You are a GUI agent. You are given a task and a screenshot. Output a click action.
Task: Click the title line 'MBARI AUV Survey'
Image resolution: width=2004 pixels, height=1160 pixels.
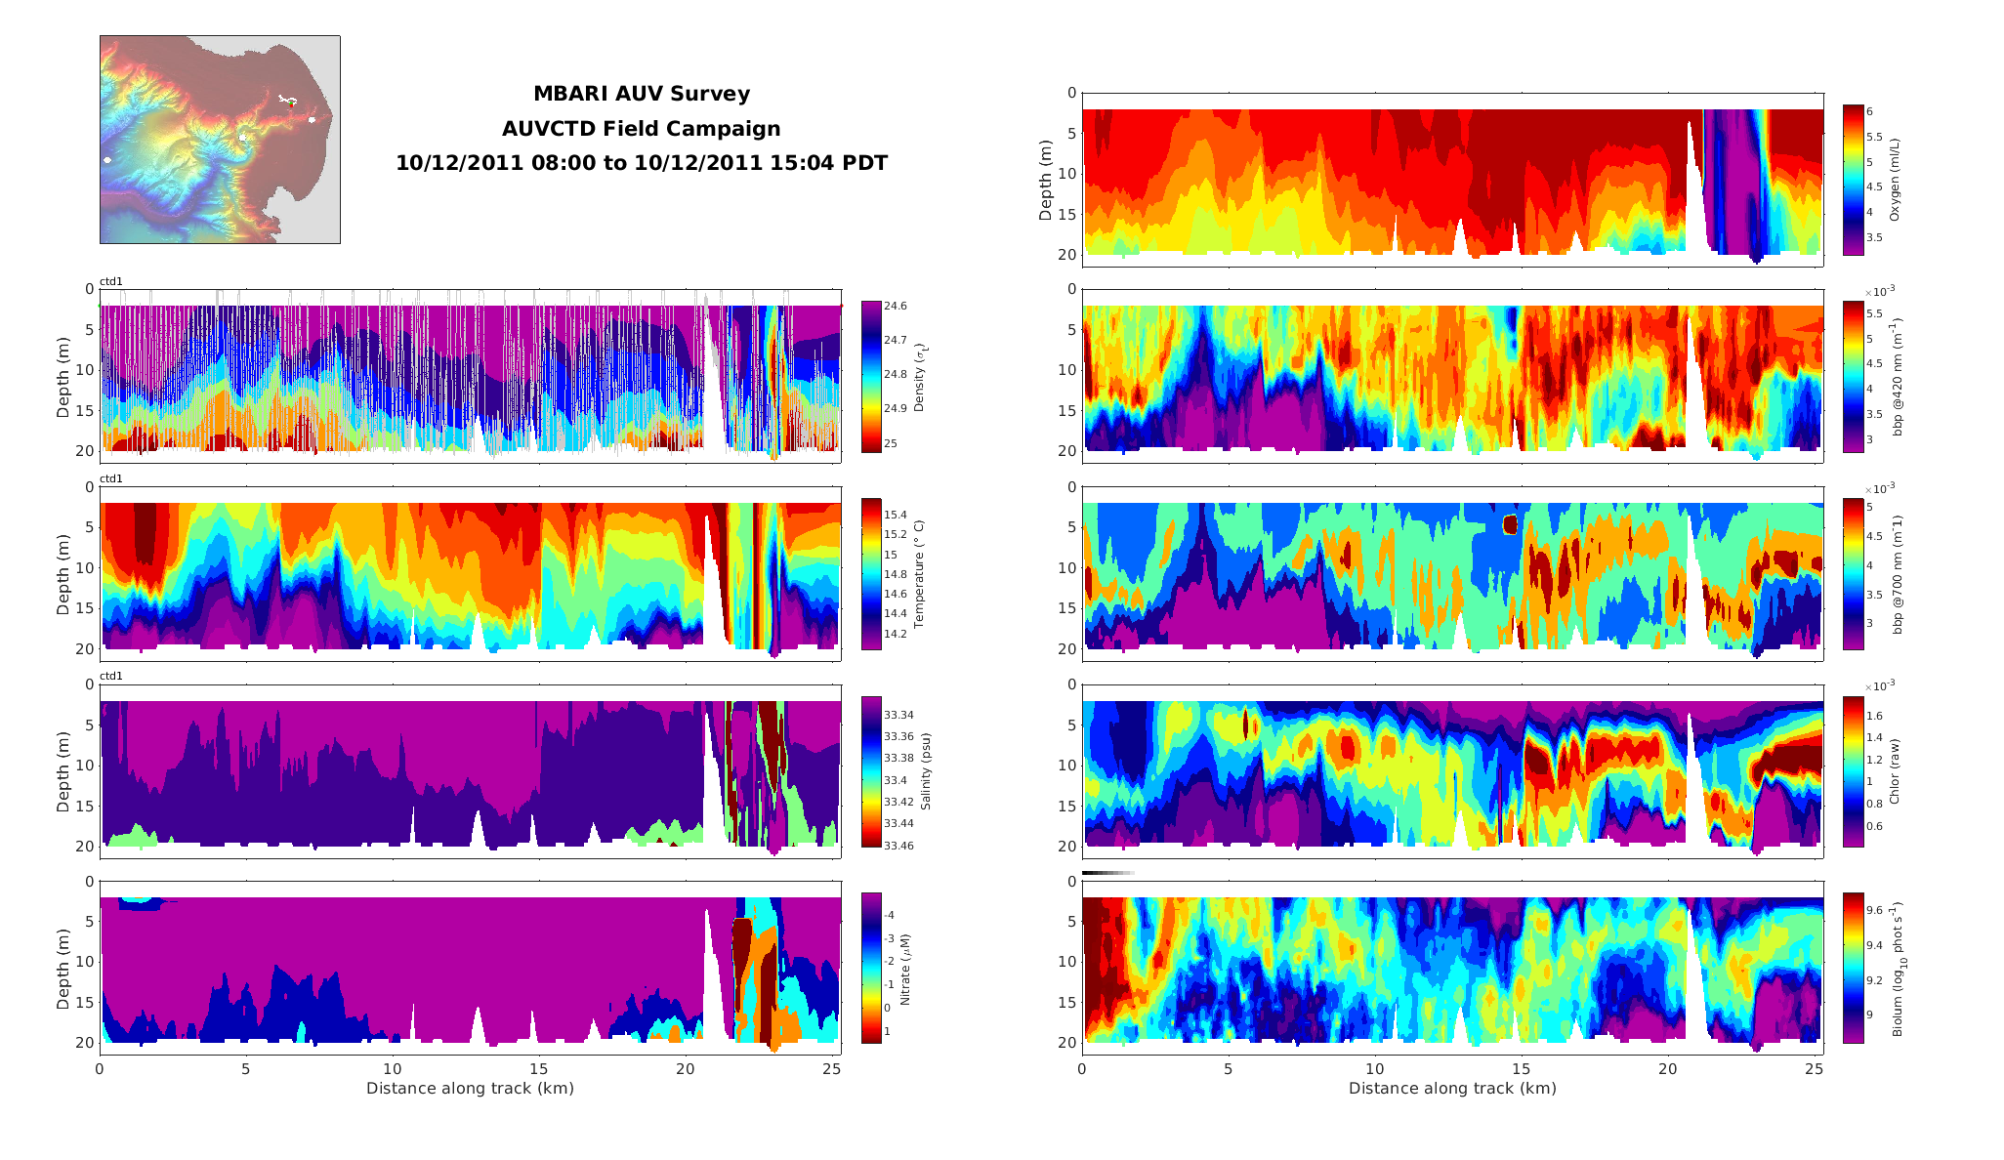point(641,94)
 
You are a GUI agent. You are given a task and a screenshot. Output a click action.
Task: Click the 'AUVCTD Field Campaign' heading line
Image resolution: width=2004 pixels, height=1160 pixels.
point(641,129)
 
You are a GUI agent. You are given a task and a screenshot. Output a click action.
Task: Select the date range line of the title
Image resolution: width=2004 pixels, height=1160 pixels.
point(641,163)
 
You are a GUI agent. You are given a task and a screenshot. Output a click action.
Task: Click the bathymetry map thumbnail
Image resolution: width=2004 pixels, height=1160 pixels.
point(220,140)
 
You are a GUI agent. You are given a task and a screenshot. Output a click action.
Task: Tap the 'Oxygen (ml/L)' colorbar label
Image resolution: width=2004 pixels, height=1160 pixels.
point(1895,179)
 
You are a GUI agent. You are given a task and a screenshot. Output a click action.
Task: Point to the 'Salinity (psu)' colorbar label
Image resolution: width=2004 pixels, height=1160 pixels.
point(926,771)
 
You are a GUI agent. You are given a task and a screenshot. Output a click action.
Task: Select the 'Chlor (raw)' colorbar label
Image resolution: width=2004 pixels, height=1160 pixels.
point(1895,771)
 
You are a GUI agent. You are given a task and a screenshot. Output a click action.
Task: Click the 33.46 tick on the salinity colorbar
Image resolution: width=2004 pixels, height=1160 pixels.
point(898,846)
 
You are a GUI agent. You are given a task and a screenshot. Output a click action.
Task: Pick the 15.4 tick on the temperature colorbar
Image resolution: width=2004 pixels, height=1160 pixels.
point(895,515)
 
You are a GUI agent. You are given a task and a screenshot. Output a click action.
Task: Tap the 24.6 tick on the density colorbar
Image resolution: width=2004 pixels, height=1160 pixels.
point(895,306)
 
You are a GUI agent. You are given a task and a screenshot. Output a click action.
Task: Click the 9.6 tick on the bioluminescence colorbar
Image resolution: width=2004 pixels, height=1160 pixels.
point(1875,910)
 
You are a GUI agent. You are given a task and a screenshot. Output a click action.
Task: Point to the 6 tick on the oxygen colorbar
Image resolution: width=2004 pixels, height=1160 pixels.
point(1869,111)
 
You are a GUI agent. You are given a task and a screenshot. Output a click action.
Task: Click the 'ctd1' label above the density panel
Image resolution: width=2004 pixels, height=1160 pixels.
point(111,282)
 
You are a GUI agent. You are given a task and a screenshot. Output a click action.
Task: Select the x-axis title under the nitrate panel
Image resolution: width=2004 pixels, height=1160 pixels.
point(470,1088)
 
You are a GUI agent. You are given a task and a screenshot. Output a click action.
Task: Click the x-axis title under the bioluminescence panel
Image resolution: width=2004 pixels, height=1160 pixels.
point(1452,1088)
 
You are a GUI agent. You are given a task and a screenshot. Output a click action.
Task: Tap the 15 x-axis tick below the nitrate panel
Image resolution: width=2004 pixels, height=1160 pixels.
point(538,1069)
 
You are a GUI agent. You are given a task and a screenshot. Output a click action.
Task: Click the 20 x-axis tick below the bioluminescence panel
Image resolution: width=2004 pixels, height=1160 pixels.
point(1667,1069)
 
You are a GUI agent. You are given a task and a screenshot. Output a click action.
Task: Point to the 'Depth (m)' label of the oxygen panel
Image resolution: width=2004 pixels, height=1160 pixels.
point(1046,180)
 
